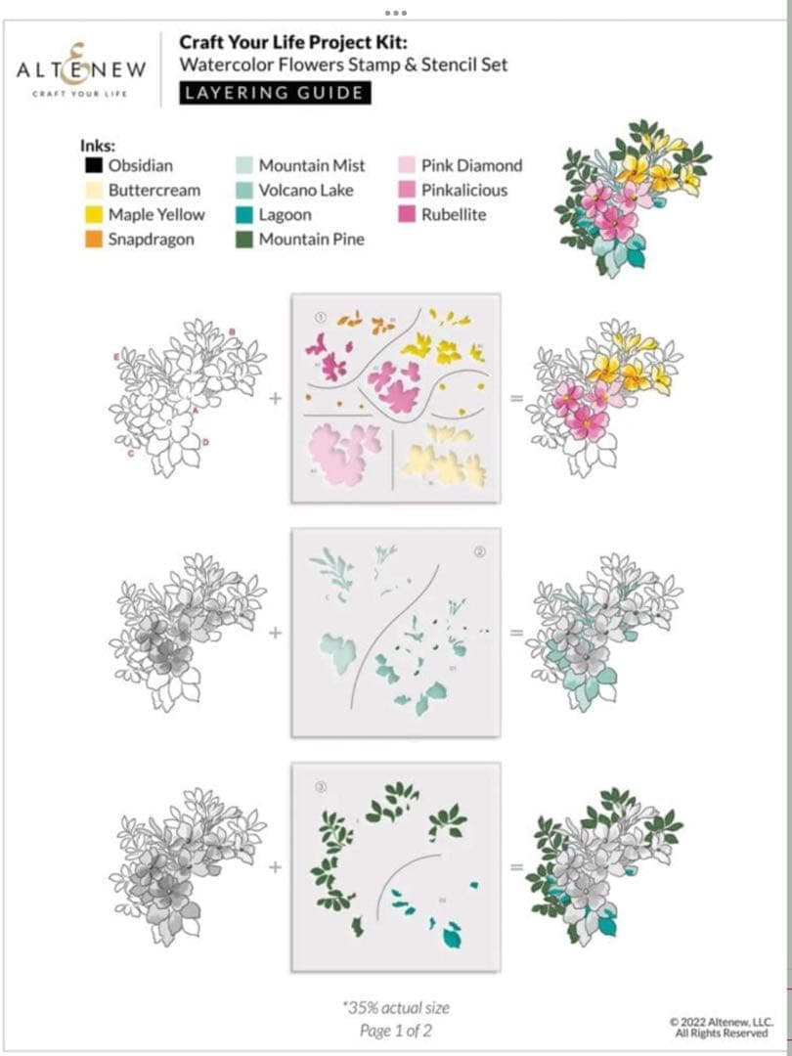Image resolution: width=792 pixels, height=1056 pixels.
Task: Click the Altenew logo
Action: coord(81,69)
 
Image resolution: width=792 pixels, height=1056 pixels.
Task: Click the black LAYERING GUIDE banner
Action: coord(275,93)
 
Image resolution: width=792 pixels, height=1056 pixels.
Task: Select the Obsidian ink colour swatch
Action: coord(93,166)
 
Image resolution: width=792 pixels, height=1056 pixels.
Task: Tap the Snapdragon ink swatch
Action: coord(93,240)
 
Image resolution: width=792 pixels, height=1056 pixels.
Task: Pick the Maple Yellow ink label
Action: coord(156,215)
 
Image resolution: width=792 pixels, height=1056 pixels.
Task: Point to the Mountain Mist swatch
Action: coord(243,166)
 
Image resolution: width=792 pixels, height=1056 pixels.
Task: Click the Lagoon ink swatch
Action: coord(243,215)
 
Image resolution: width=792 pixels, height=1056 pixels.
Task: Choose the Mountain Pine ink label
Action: coord(311,240)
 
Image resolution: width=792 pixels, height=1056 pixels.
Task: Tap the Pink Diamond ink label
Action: coord(471,166)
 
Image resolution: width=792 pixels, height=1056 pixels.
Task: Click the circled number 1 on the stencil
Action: coord(319,316)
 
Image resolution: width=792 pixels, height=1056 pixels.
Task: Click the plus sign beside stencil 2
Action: coord(275,633)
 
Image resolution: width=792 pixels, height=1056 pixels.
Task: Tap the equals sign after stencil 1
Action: coord(515,398)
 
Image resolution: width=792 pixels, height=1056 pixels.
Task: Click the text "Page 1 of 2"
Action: coord(395,1030)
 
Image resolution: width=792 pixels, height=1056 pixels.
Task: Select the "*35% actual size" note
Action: coord(395,1007)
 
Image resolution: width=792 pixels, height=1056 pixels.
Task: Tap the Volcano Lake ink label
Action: coord(306,191)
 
